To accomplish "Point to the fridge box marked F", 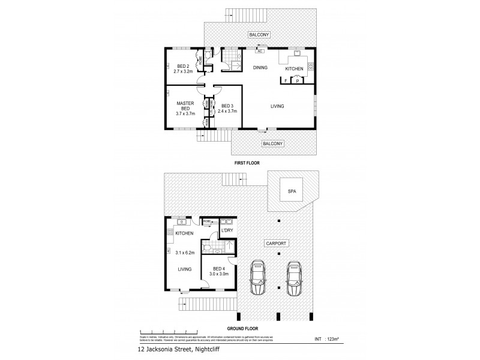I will (x=286, y=81).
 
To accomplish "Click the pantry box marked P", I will (x=298, y=81).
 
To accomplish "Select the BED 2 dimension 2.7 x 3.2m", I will (x=179, y=71).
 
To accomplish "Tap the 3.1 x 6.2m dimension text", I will (x=183, y=253).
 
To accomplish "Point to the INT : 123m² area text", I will (x=327, y=340).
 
